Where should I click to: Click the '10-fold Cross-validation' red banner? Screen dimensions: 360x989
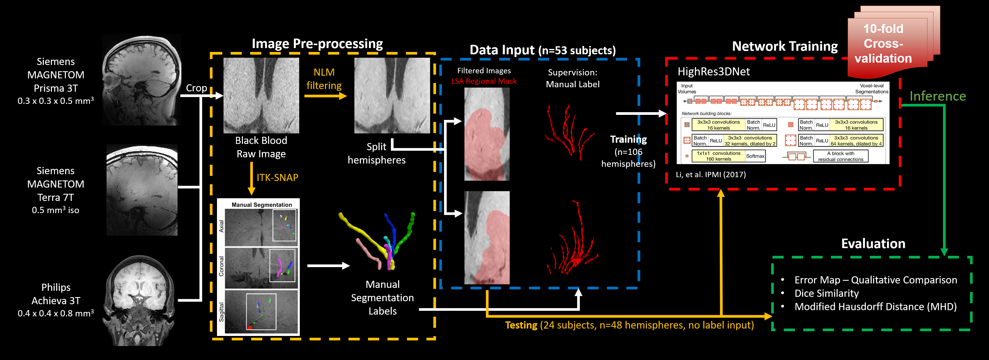[883, 43]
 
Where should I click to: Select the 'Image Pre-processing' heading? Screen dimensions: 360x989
[317, 44]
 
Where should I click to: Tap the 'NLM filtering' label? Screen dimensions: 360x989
[324, 79]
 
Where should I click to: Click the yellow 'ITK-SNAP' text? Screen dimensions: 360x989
[277, 177]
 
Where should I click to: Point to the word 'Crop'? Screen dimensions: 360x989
[196, 88]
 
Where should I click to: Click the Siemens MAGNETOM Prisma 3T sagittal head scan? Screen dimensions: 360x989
[142, 80]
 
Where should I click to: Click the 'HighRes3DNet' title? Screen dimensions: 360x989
[713, 72]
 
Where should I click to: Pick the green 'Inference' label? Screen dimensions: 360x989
[938, 96]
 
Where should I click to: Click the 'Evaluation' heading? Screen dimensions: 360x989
[873, 244]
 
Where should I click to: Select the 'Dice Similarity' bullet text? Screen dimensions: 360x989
[826, 293]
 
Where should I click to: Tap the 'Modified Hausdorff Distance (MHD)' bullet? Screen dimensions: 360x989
[875, 307]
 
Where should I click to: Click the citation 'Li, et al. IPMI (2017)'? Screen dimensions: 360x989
[711, 175]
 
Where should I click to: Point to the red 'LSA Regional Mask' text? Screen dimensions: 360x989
[484, 81]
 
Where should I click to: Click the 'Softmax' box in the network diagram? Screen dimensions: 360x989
[755, 156]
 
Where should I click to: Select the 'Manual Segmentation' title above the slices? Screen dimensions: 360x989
[261, 204]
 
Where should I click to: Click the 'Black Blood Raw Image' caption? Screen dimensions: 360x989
[261, 147]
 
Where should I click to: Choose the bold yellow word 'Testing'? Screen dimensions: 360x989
[521, 325]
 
